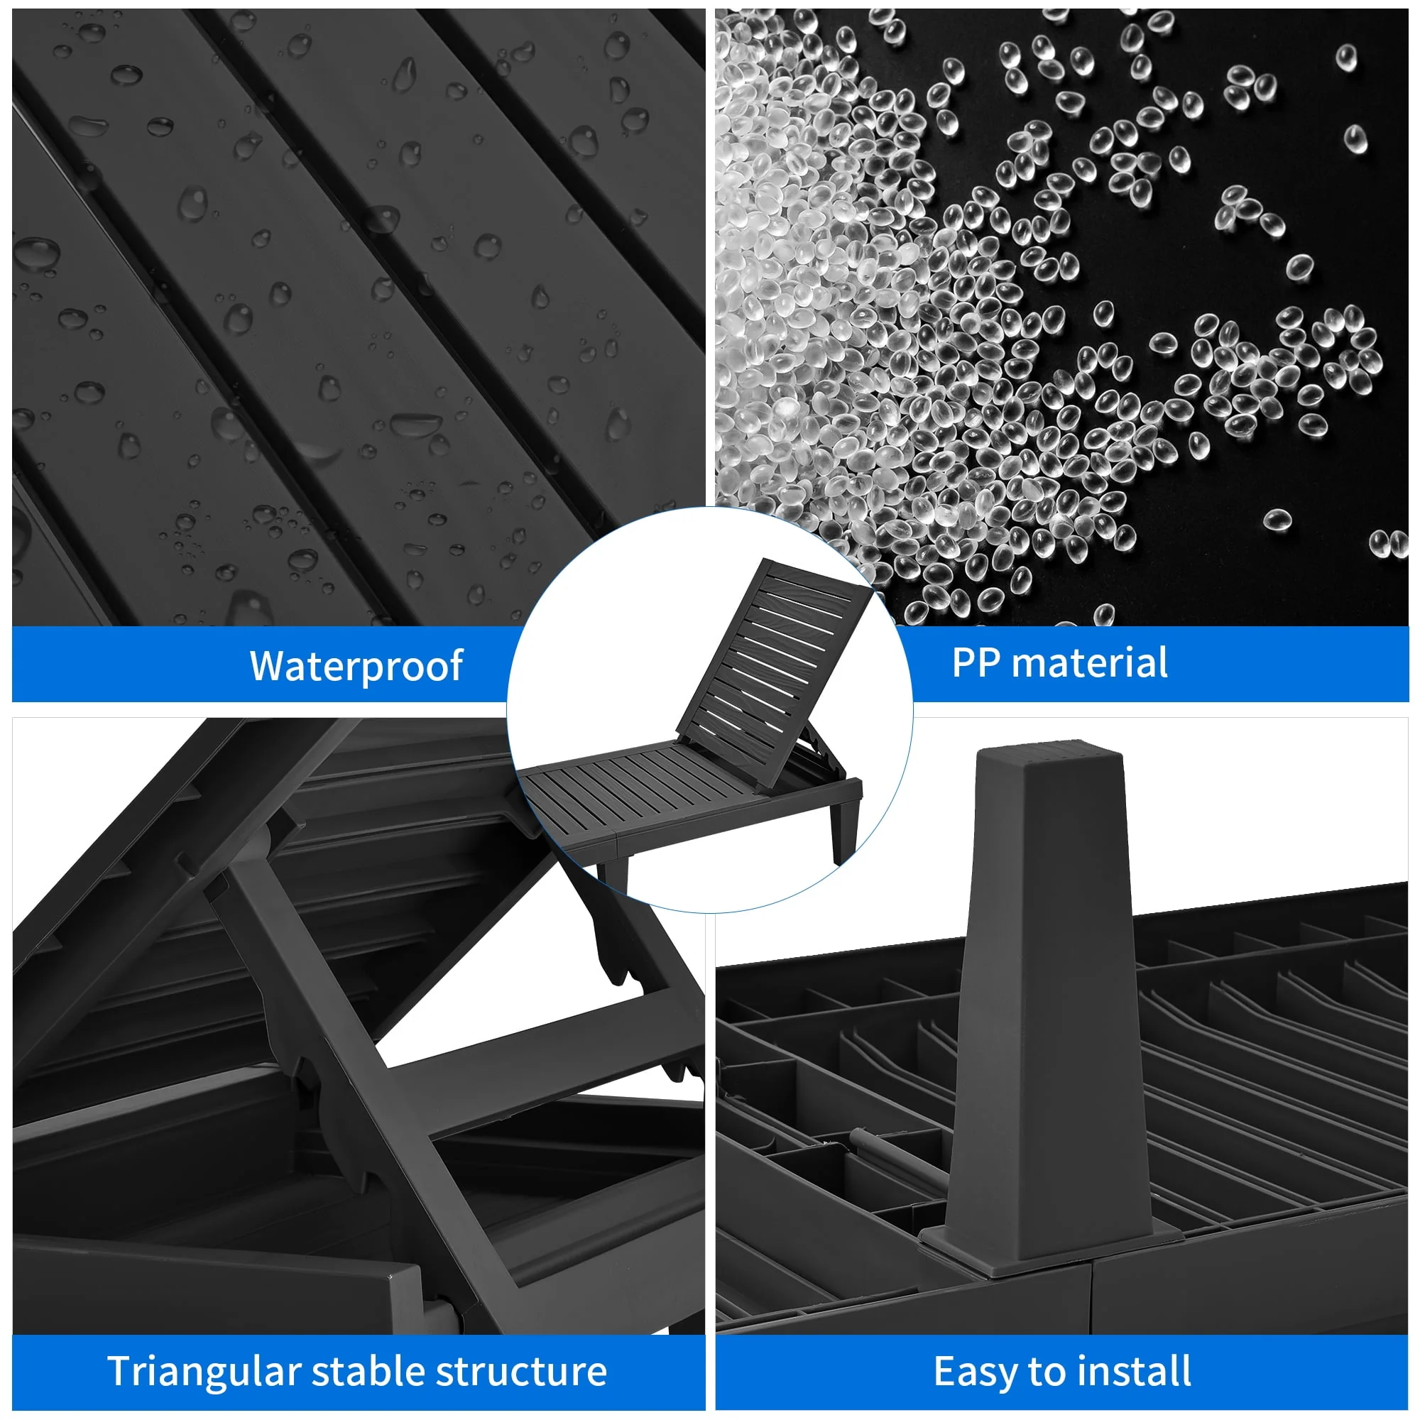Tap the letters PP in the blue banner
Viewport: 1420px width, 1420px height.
976,662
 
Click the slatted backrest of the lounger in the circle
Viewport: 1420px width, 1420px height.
773,672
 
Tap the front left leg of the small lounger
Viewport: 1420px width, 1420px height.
613,872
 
